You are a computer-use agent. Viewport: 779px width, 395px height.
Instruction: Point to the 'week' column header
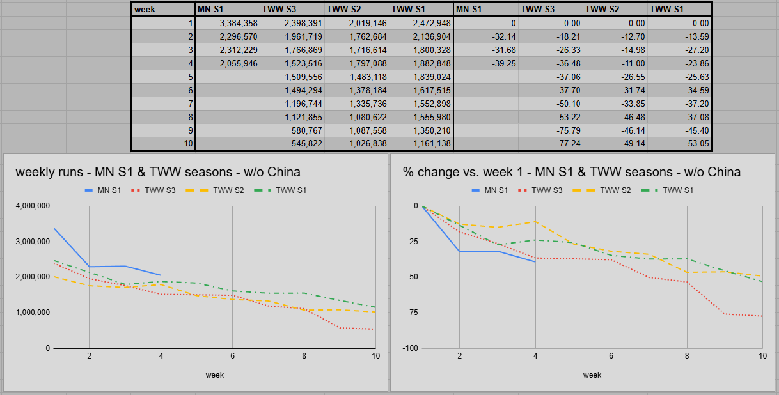click(x=162, y=10)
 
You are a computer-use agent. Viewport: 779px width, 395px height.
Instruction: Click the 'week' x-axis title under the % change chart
click(x=592, y=375)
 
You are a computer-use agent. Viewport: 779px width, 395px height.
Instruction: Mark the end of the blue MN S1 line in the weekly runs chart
click(x=161, y=275)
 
